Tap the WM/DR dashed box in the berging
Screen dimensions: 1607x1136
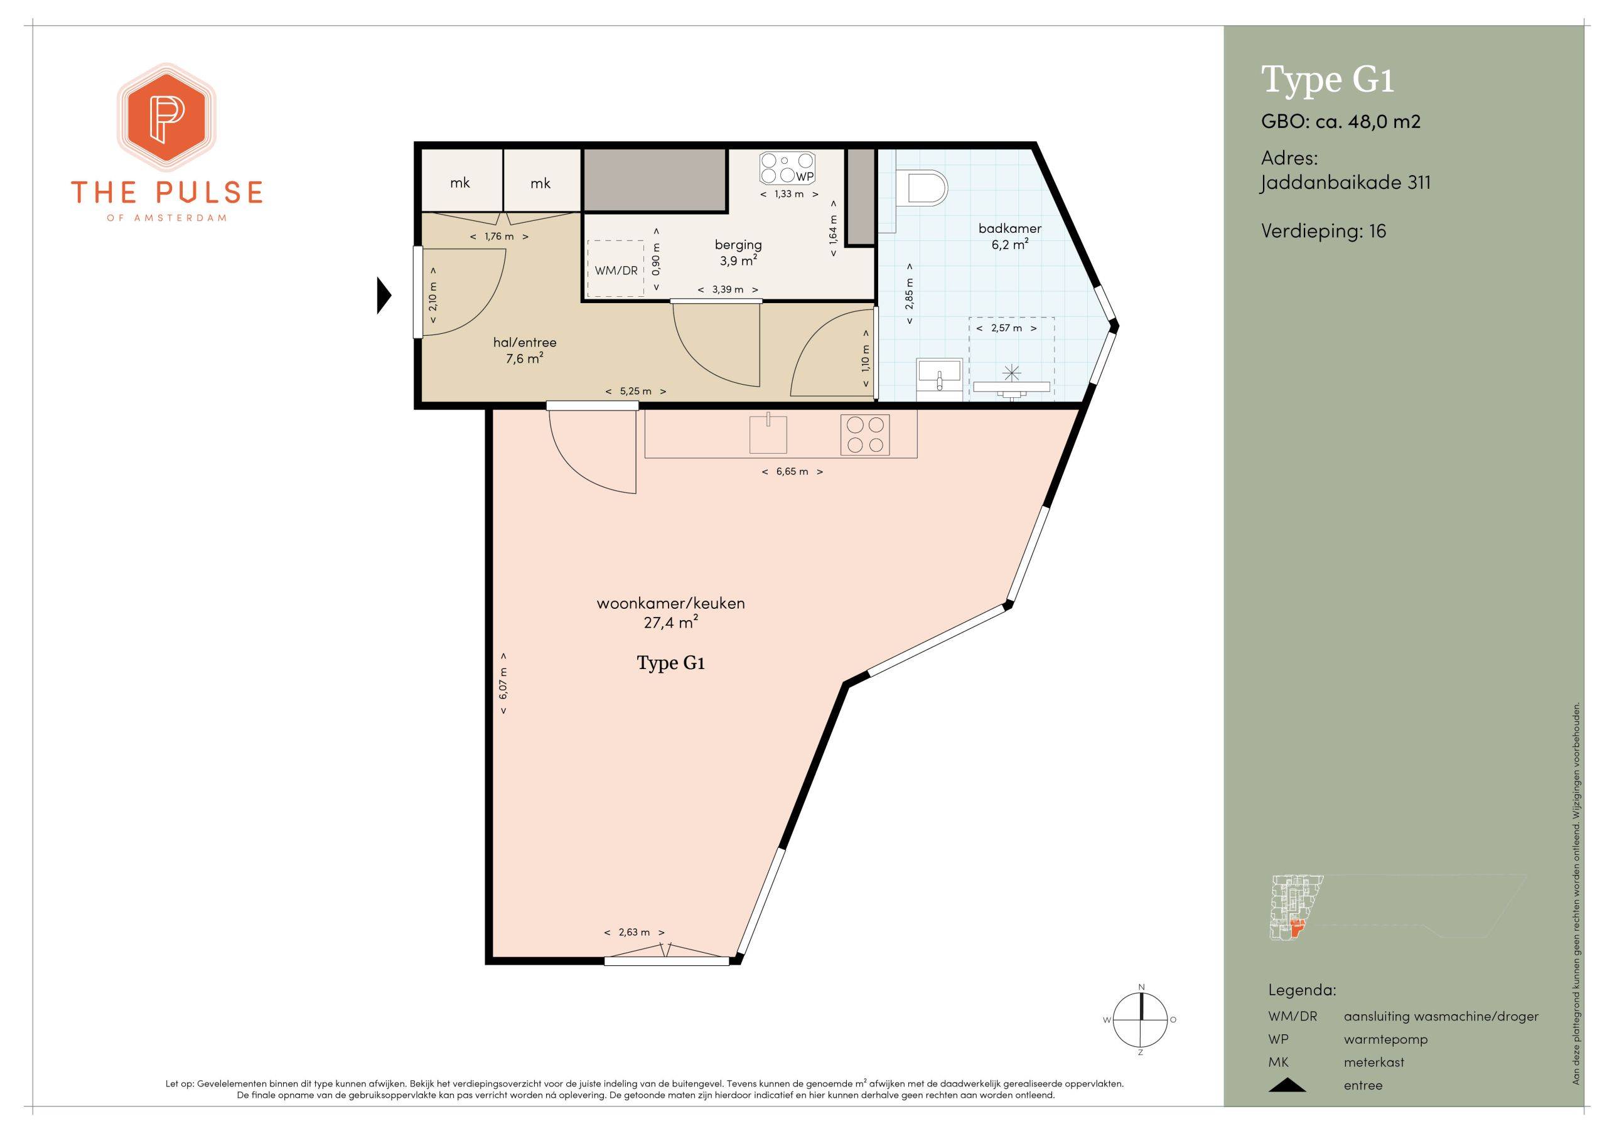click(616, 269)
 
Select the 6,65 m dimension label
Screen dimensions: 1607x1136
click(792, 472)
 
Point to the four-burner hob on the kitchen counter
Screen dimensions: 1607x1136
click(865, 435)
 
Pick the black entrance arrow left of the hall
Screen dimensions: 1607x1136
click(384, 296)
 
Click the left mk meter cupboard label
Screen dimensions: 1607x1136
click(460, 183)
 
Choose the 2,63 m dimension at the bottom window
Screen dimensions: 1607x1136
click(634, 932)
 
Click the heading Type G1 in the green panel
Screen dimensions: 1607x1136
click(1328, 80)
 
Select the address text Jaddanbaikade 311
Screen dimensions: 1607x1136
click(1345, 183)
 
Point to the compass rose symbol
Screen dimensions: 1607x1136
click(1141, 1020)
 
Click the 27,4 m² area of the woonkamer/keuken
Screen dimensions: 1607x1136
click(670, 621)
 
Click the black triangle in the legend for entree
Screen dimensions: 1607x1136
click(1286, 1086)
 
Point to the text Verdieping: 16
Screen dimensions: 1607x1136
click(1323, 231)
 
